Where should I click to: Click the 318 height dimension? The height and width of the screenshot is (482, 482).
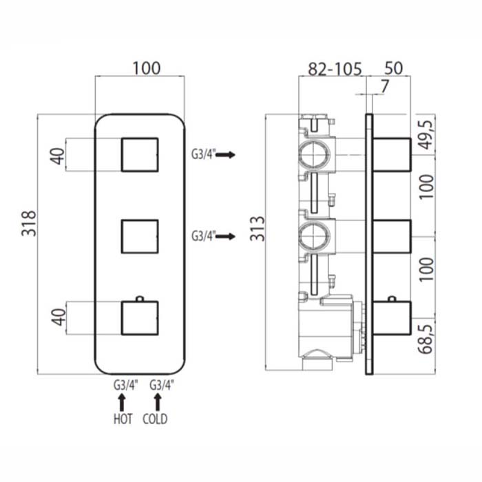29,224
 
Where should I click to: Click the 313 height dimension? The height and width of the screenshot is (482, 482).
258,229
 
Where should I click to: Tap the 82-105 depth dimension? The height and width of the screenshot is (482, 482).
335,69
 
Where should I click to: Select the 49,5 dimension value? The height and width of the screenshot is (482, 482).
428,135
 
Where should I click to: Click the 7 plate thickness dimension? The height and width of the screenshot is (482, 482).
384,86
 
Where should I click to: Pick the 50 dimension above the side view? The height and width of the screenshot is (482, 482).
393,68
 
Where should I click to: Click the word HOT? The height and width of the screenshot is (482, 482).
123,419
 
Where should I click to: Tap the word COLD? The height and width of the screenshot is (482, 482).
155,419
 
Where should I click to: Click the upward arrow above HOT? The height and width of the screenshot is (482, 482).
122,402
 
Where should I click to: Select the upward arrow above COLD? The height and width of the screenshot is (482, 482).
158,402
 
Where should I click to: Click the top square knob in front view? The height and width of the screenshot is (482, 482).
140,154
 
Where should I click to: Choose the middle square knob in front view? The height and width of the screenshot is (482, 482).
140,236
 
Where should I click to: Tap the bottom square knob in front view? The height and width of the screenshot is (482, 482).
140,318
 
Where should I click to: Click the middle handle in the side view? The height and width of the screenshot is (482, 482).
392,237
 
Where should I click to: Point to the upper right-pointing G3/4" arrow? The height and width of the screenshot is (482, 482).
225,155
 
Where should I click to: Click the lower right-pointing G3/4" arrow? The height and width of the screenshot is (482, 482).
225,236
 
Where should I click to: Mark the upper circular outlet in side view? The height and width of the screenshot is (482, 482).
315,154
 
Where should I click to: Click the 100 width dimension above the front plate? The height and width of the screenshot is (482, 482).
146,69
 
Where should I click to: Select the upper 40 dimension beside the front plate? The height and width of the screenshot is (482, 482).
59,156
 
